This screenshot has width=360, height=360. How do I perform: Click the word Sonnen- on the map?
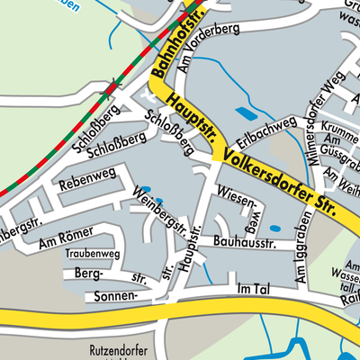[x=112, y=295]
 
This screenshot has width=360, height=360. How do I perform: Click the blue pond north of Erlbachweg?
[x=244, y=113]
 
